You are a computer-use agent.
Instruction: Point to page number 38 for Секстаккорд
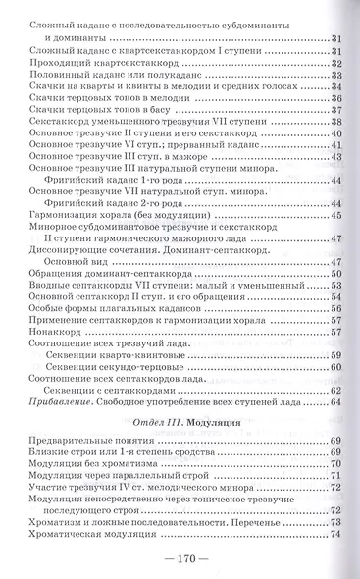pos(335,121)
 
